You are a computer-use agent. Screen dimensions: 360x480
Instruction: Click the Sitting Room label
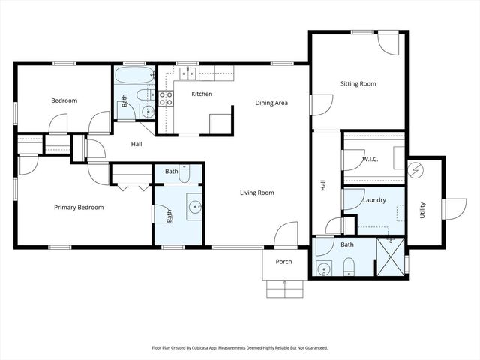click(x=358, y=84)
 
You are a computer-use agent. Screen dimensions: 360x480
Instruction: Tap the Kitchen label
click(x=202, y=94)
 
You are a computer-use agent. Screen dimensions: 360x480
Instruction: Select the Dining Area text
click(x=271, y=103)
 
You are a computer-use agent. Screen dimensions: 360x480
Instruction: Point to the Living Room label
click(x=256, y=193)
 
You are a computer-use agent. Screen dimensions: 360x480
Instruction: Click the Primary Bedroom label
click(x=79, y=208)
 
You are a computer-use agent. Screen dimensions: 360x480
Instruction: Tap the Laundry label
click(x=373, y=200)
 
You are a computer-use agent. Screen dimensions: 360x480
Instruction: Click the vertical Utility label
click(x=423, y=209)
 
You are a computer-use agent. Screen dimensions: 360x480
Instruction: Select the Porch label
click(x=284, y=262)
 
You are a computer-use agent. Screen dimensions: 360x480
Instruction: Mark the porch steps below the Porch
click(x=285, y=289)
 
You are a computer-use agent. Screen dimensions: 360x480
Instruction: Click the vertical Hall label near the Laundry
click(x=323, y=184)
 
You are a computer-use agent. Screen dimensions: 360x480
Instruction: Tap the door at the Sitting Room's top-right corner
click(x=388, y=43)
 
